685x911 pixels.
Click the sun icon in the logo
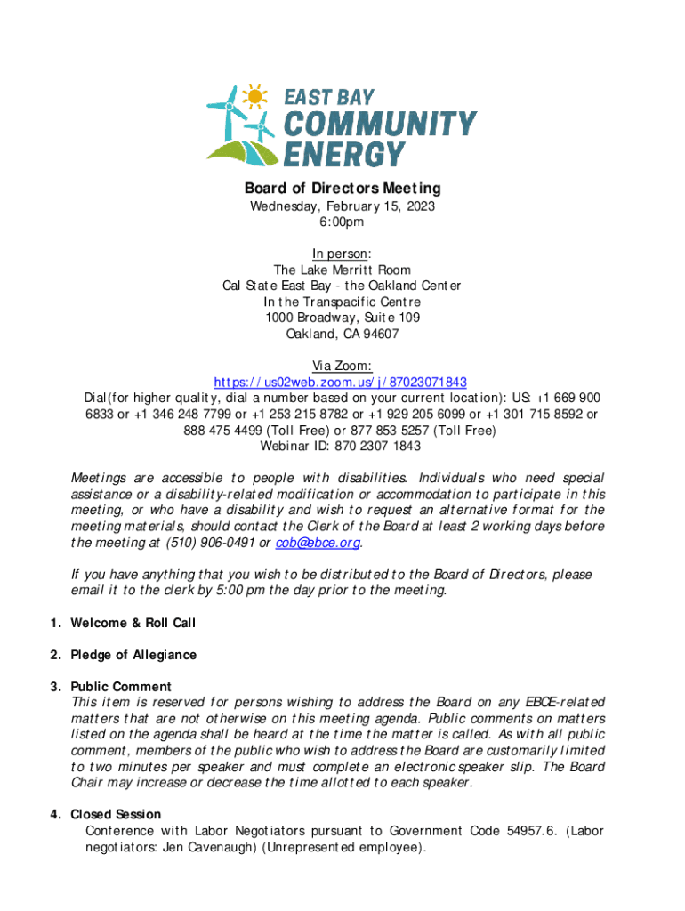coord(255,95)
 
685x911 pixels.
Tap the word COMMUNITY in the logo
coord(380,126)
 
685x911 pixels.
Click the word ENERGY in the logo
coord(343,155)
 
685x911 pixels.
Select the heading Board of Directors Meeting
coord(342,189)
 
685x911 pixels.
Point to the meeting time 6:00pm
coord(342,222)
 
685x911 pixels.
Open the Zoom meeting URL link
coord(342,382)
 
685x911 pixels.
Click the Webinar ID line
coord(342,446)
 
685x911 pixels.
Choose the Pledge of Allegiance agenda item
coord(133,655)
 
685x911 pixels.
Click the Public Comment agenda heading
coord(121,687)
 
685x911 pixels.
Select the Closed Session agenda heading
coord(116,814)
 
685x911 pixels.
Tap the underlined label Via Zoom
coord(342,366)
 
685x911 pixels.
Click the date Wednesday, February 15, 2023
coord(342,206)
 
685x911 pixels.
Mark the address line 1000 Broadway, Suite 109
coord(342,318)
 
